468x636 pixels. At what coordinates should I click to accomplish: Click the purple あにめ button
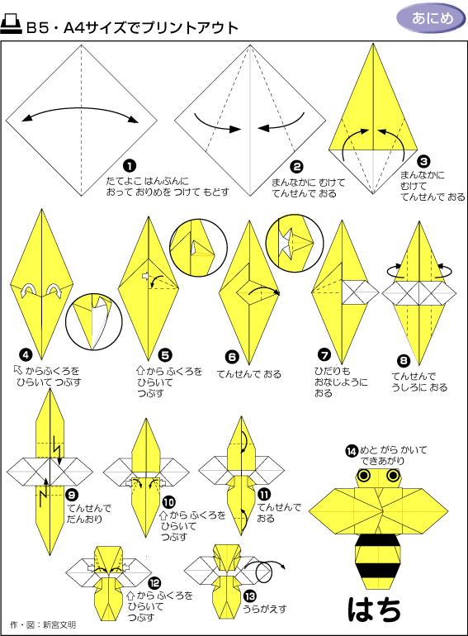click(x=427, y=18)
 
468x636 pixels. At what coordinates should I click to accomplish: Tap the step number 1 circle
click(x=128, y=165)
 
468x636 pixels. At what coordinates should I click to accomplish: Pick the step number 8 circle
click(x=403, y=359)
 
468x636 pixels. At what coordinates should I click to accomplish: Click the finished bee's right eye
click(x=391, y=477)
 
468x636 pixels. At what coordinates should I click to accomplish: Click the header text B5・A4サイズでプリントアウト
click(x=132, y=28)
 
